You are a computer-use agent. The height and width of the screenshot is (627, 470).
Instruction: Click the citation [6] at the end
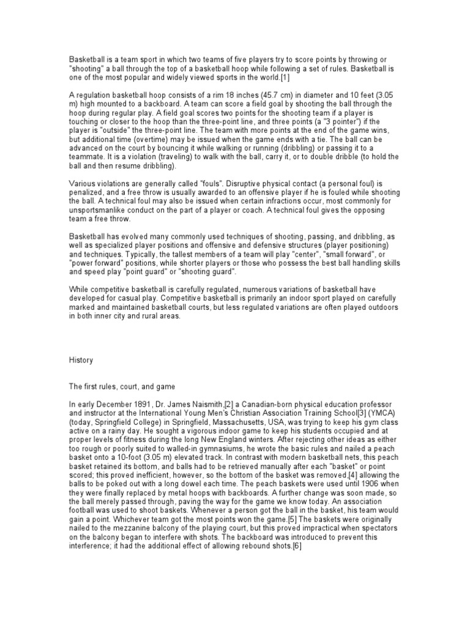[296, 546]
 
